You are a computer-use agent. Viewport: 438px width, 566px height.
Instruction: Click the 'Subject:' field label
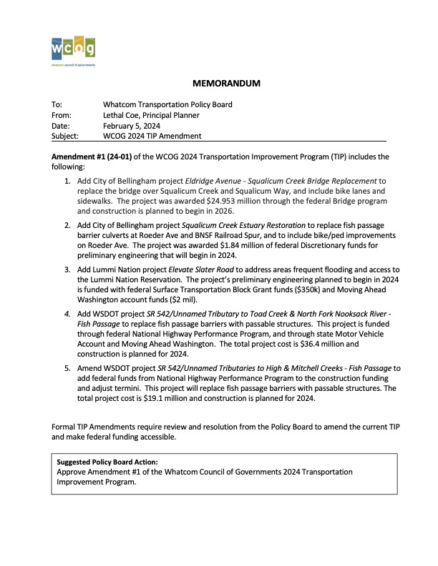pyautogui.click(x=66, y=136)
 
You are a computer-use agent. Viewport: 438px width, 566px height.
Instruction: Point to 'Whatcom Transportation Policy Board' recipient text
pyautogui.click(x=167, y=104)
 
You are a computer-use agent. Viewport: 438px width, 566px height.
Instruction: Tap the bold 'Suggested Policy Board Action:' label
pyautogui.click(x=107, y=462)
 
